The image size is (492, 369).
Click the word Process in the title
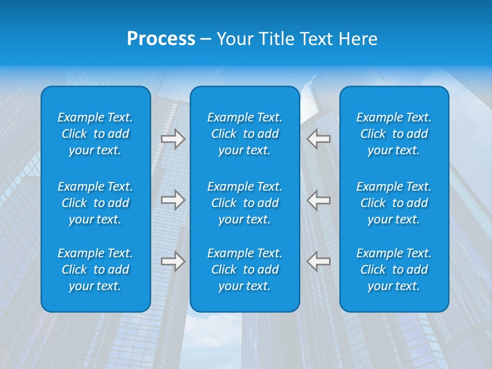pos(161,39)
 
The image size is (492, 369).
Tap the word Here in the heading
pos(358,39)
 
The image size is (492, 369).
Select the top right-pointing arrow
pos(173,139)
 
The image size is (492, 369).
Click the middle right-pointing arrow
pos(173,200)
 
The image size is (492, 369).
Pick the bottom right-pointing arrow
pos(173,261)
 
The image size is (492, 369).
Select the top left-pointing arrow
pos(319,139)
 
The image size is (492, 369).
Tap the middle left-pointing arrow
pos(319,200)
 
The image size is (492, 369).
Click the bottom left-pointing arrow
pos(319,261)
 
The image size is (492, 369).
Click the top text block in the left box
pos(95,134)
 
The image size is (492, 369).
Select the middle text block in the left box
pos(95,203)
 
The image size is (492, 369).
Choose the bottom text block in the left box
pos(95,270)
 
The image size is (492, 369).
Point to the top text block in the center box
pos(245,134)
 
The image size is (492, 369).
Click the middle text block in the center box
pos(245,203)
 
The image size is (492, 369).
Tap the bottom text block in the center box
pos(245,270)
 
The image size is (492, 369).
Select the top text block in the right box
pos(394,134)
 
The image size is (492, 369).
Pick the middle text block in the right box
pos(394,203)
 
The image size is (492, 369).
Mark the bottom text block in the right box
pos(394,270)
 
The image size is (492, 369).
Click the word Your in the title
pos(234,39)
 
